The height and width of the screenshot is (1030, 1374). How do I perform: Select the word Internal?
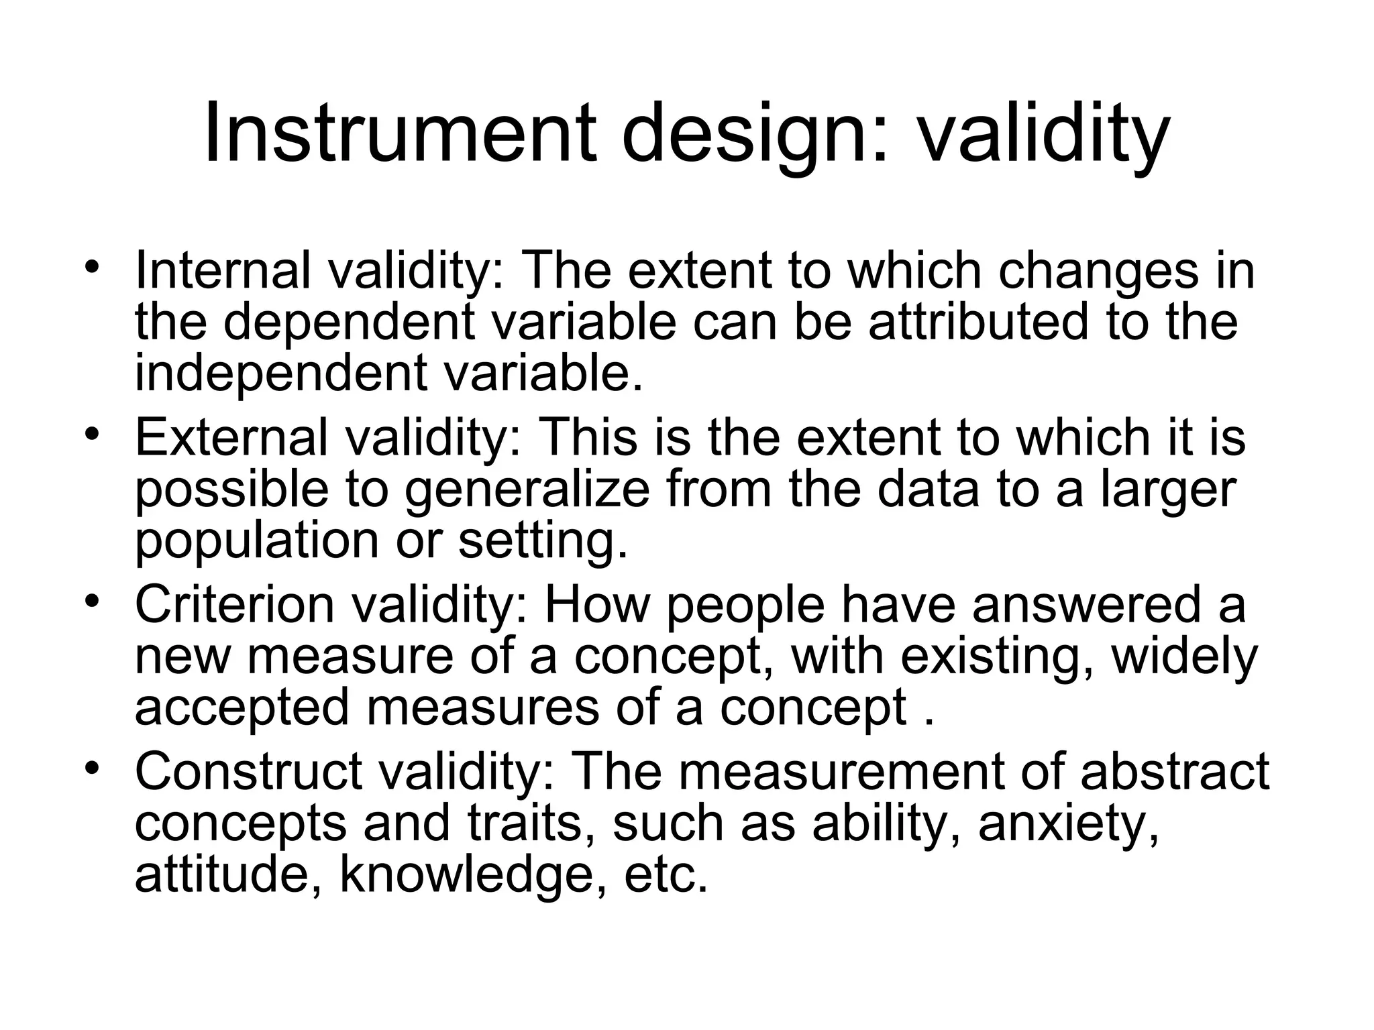[223, 271]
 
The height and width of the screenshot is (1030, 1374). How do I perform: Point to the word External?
[231, 438]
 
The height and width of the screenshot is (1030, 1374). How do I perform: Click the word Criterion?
[234, 604]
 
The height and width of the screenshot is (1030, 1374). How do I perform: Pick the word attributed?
[977, 322]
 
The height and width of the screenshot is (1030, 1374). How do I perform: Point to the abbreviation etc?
[666, 875]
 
